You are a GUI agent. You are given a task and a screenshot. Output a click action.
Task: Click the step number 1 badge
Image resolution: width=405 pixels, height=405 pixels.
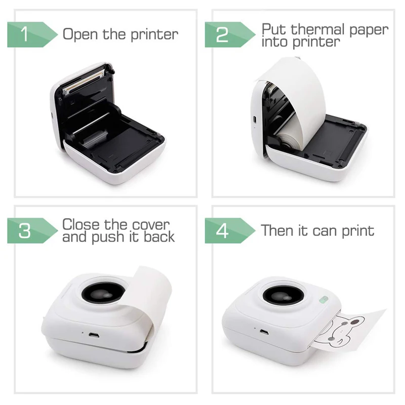pos(25,34)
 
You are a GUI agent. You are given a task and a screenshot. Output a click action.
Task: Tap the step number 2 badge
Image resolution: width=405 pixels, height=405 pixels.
pos(223,34)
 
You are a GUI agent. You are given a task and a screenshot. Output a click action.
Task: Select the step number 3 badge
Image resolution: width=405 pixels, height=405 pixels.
pos(25,230)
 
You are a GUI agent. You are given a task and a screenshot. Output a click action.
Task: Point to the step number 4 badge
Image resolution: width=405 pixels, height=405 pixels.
pos(223,231)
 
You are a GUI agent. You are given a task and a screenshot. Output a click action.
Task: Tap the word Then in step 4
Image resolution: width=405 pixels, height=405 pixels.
pos(278,231)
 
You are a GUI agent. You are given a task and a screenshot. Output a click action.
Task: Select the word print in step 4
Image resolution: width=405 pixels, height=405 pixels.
pos(357,231)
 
